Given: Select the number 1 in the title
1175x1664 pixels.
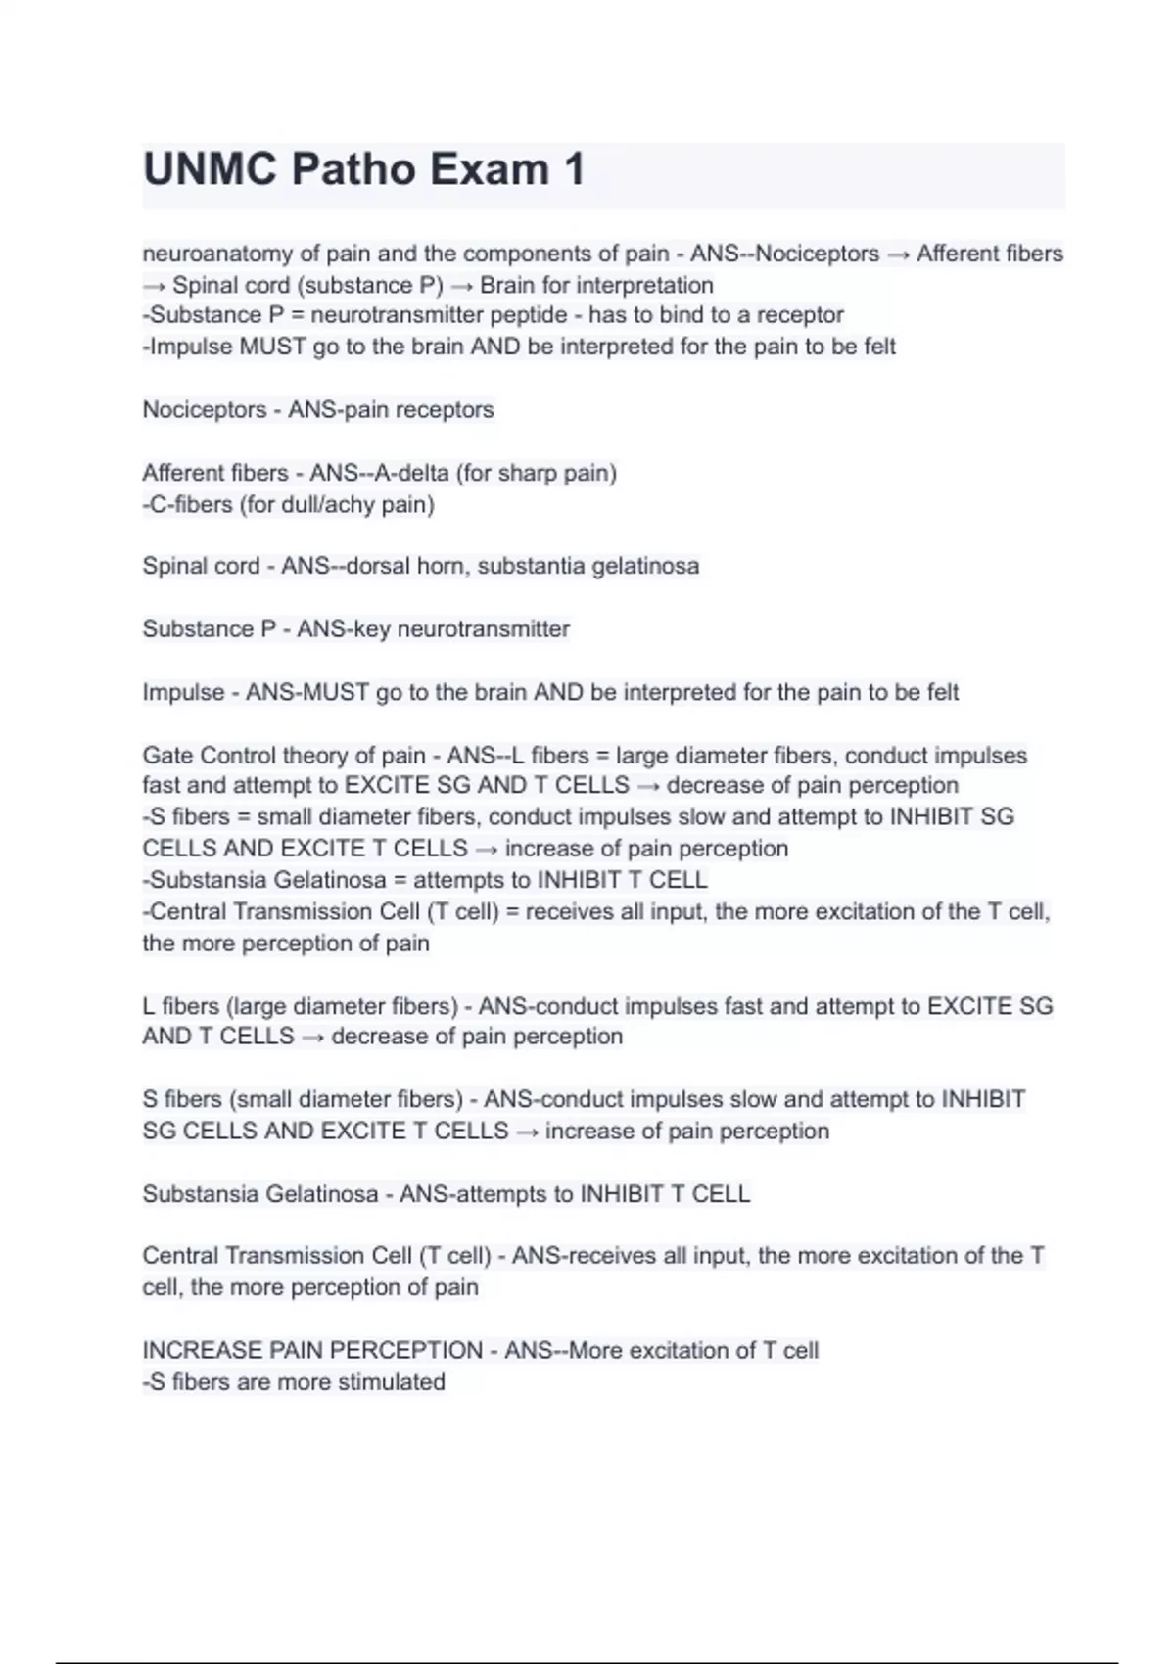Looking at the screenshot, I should (574, 169).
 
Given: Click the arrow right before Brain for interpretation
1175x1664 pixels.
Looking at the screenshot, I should (462, 285).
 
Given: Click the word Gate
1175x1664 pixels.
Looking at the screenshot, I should (168, 756).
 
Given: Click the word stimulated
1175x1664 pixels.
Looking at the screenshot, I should (390, 1381).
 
